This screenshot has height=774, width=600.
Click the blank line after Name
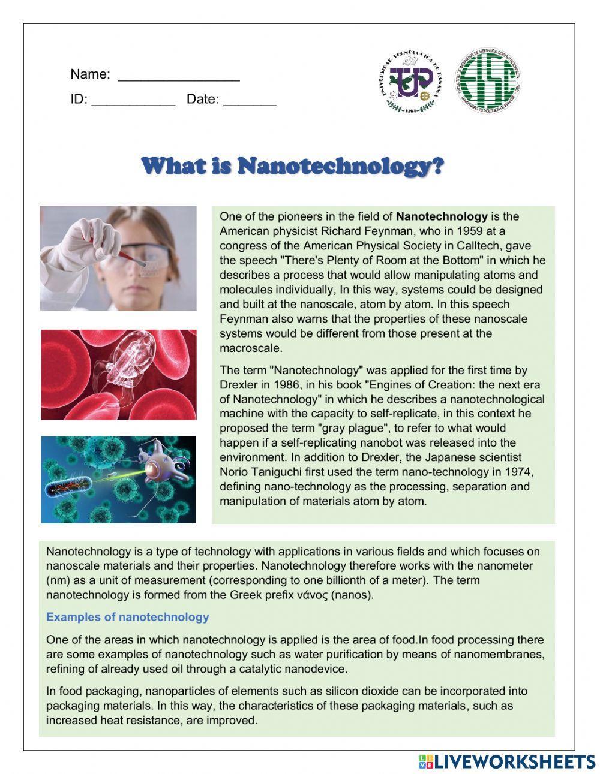coord(179,78)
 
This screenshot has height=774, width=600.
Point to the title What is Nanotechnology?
coord(293,165)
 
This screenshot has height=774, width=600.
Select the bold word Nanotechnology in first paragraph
coord(442,216)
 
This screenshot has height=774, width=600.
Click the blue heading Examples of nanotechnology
coord(128,617)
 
